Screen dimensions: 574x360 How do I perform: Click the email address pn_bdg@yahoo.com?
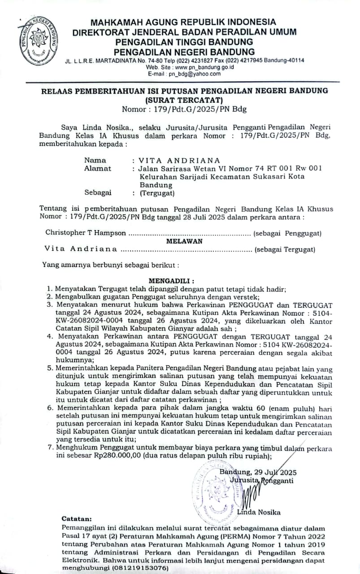[x=199, y=74]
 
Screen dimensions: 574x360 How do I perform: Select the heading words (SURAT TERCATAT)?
[x=184, y=100]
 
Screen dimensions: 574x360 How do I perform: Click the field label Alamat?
[x=98, y=168]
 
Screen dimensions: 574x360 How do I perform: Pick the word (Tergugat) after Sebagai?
[x=157, y=193]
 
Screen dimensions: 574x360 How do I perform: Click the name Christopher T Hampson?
[x=86, y=233]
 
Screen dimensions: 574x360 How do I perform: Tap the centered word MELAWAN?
[x=184, y=241]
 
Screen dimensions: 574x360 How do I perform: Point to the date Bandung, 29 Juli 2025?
[x=258, y=472]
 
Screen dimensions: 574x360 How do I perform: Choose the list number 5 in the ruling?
[x=50, y=368]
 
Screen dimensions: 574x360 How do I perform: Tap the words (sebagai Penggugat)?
[x=287, y=233]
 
